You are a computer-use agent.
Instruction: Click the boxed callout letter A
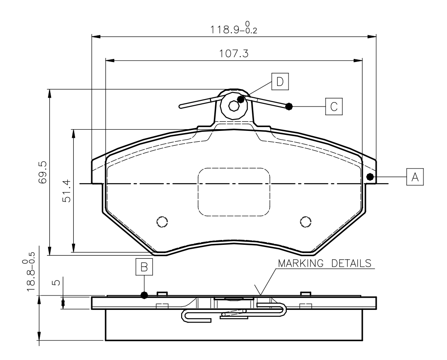(415, 177)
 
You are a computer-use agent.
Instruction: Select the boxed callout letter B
(144, 267)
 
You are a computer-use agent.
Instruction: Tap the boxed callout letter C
(334, 106)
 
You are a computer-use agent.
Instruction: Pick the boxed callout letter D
(280, 82)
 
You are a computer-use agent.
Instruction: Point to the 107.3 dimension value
(234, 53)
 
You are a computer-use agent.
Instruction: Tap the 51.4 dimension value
(66, 191)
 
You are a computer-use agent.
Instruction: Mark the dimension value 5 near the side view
(56, 282)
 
